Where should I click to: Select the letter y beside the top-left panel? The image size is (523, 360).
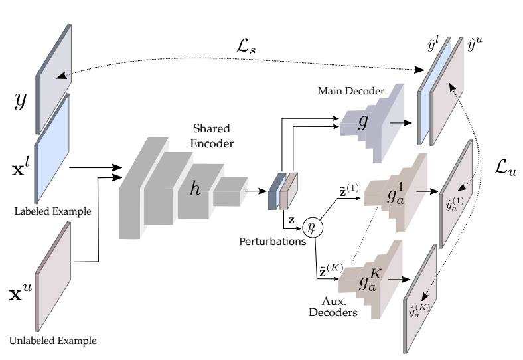point(21,100)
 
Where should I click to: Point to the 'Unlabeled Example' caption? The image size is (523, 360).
point(52,341)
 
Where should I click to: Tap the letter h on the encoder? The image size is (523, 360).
point(195,188)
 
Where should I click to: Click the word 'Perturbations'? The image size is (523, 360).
point(272,242)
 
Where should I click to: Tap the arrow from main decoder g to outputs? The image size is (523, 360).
point(400,122)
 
